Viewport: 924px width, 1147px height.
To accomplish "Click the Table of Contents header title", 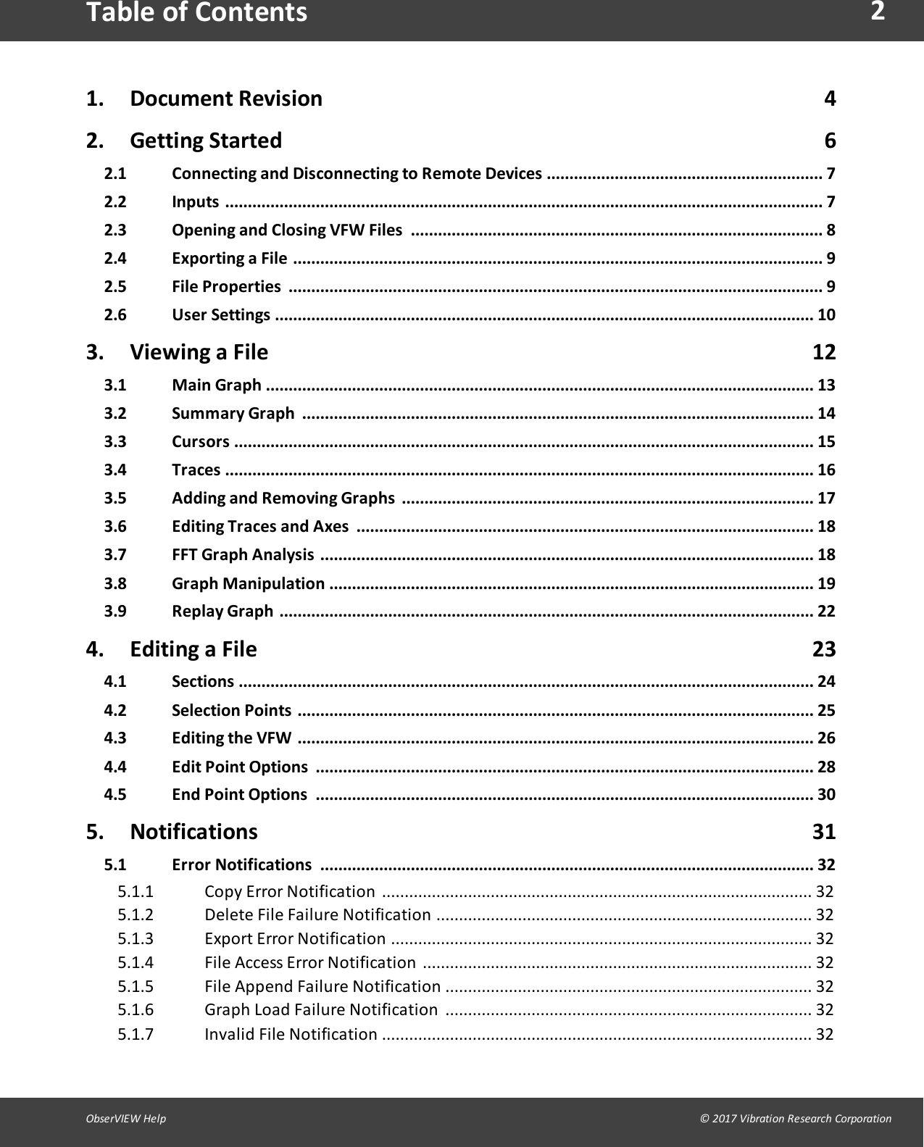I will [x=196, y=13].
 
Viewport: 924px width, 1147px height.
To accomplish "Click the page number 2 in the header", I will [x=878, y=12].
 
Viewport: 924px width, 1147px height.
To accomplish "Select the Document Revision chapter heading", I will [x=225, y=99].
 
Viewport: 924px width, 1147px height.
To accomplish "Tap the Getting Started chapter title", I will [x=206, y=141].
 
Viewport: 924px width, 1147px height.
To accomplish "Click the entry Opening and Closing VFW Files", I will [x=286, y=230].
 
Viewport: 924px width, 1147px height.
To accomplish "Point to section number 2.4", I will [x=115, y=259].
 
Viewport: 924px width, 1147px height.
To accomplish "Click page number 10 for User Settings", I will [x=826, y=315].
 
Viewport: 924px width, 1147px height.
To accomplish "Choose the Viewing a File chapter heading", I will [x=199, y=352].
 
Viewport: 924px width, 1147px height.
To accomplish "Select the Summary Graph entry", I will [x=233, y=414].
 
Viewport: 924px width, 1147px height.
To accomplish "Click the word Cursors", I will [x=200, y=442].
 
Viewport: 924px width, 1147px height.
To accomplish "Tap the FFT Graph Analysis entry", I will [x=243, y=555].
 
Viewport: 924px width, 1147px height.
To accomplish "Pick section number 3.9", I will [x=115, y=612].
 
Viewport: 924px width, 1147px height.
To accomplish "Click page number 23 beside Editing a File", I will [x=824, y=649].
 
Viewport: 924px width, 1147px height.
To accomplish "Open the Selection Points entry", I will [x=231, y=711].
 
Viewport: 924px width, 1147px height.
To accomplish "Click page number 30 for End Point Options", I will [x=826, y=795].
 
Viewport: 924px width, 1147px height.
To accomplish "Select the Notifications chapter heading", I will [x=193, y=832].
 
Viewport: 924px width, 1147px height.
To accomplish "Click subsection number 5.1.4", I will [x=136, y=963].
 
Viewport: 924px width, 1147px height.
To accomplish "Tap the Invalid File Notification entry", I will [x=291, y=1035].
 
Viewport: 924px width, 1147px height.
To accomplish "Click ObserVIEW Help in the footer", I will [x=126, y=1119].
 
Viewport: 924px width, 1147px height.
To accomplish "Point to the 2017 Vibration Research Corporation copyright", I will [x=796, y=1119].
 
